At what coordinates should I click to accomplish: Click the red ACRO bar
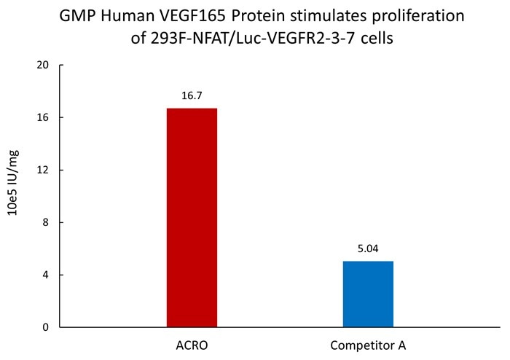192,217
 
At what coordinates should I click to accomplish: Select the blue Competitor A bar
368,294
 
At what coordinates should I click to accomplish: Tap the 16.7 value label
192,95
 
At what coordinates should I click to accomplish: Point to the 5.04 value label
368,248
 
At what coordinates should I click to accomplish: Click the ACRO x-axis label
192,343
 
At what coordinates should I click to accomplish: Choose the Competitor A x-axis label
368,343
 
